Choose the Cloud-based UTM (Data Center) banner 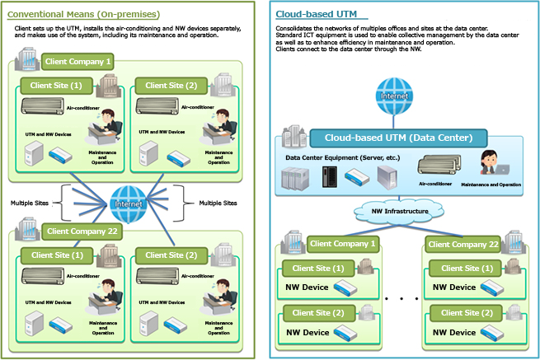398,138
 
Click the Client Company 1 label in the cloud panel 341,244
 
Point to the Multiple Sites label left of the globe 31,202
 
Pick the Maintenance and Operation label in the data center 491,185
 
